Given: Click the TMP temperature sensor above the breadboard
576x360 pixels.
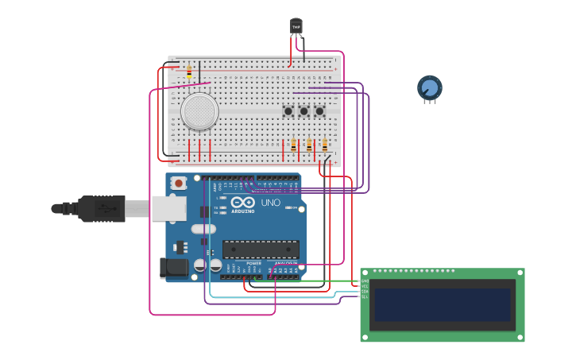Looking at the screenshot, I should coord(296,27).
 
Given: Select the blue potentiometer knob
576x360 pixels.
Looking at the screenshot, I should coord(429,87).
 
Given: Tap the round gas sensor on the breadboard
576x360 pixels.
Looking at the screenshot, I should coord(199,111).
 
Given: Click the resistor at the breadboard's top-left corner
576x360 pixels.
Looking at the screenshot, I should coord(189,72).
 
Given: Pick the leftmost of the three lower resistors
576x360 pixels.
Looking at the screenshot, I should coord(293,145).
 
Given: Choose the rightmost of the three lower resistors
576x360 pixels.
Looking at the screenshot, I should coord(324,145).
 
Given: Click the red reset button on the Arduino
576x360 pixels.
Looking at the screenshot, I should coord(179,184).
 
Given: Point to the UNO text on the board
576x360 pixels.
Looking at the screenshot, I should coord(271,203).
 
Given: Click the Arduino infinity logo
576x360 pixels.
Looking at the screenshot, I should coord(244,203).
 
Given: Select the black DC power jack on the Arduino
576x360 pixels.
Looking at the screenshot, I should coord(174,269).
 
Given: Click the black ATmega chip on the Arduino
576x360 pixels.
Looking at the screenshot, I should coord(261,249).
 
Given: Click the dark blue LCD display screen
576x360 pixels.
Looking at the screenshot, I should coord(443,304).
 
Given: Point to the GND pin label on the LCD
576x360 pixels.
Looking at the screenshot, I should coord(365,281).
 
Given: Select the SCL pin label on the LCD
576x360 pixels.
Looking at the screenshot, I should coord(365,296).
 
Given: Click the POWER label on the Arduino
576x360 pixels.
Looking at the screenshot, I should coord(253,263).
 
